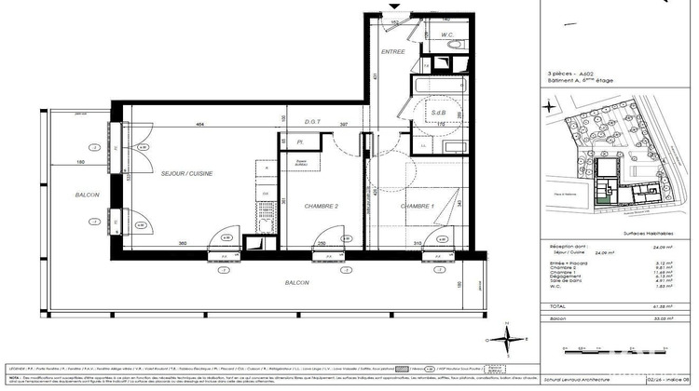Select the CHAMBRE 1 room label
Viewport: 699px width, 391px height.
[x=418, y=206]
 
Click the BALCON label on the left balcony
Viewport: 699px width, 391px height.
[x=88, y=194]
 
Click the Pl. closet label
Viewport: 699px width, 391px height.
[x=300, y=142]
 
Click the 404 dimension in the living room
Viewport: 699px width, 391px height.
[x=199, y=124]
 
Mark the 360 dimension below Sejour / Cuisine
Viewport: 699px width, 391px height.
[x=183, y=244]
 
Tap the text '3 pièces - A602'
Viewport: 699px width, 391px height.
[x=571, y=73]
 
